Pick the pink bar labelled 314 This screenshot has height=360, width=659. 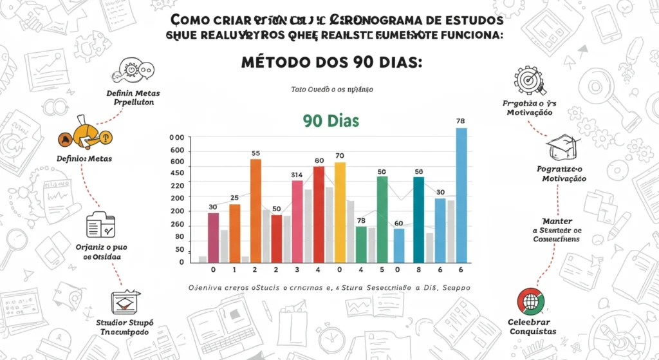point(297,222)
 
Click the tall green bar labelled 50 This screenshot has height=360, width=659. point(382,220)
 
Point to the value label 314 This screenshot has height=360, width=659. point(296,175)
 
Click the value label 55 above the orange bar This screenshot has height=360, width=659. point(255,153)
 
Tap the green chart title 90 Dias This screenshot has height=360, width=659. point(329,120)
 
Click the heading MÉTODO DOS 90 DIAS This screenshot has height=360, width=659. point(329,64)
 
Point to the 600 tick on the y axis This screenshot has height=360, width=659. point(177,151)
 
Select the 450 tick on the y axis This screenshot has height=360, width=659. point(177,173)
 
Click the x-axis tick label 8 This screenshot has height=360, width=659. point(418,270)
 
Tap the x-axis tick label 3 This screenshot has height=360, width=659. point(297,270)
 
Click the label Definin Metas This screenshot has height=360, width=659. point(133,93)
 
